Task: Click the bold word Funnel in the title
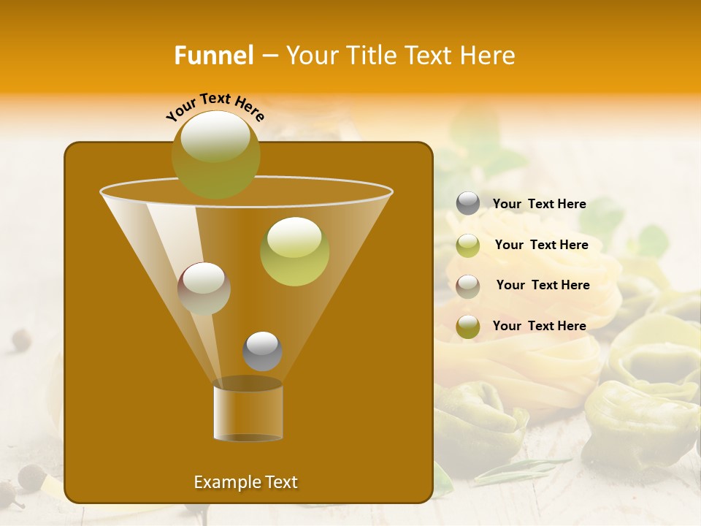point(214,56)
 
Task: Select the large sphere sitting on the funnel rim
point(215,154)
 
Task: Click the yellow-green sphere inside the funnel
point(294,251)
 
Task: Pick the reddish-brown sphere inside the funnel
point(204,289)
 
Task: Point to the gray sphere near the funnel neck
point(262,351)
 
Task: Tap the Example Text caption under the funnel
point(245,482)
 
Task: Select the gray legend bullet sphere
point(468,204)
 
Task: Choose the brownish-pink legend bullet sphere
point(468,286)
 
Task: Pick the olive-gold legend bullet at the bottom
point(468,327)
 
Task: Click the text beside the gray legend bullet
point(539,204)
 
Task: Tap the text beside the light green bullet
point(541,245)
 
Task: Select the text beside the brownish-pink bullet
point(543,285)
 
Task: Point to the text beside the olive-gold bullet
point(539,326)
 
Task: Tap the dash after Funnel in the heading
point(269,56)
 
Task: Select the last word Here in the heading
point(489,56)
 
